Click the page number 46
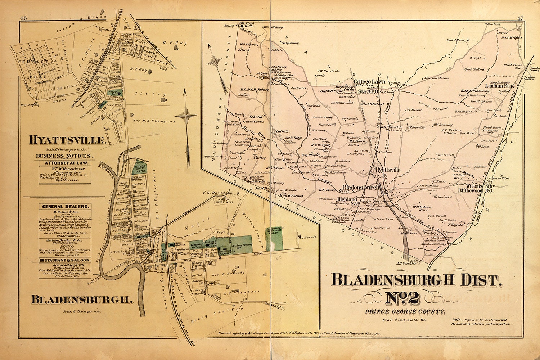pos(24,18)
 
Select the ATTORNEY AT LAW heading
pos(64,163)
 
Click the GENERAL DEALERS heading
pos(65,207)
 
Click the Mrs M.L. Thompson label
pos(154,121)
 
